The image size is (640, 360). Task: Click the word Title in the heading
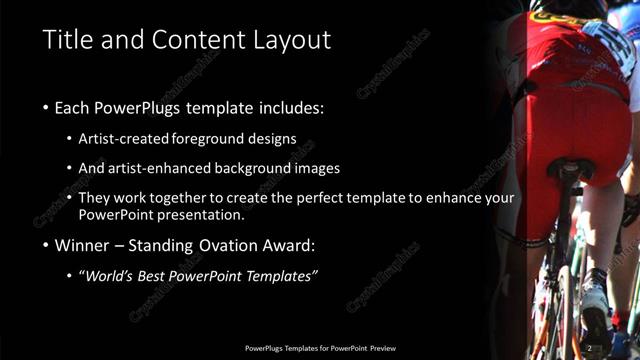coord(67,41)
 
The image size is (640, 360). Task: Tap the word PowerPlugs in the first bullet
coord(133,106)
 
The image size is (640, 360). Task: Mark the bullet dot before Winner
coord(46,245)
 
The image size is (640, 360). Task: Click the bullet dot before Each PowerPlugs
coord(46,107)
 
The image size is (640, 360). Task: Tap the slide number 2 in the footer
coord(589,348)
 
